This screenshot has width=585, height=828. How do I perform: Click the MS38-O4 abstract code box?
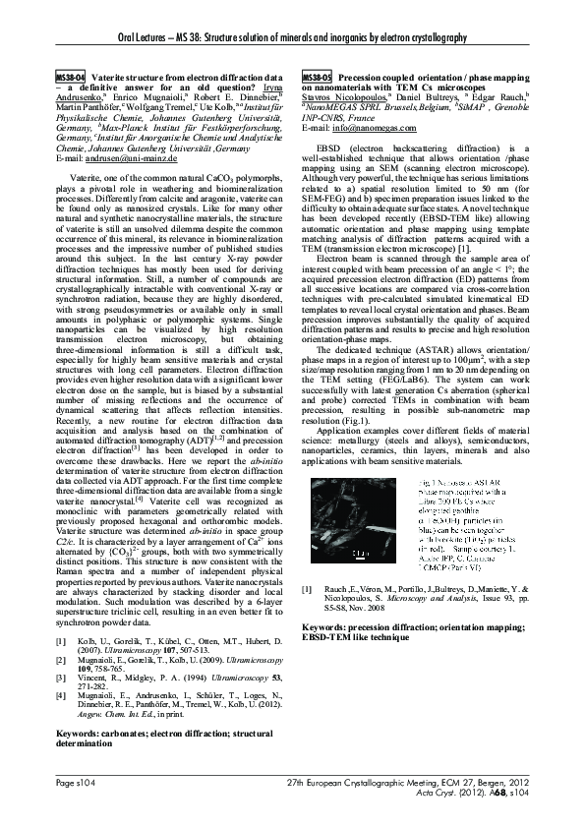[x=71, y=76]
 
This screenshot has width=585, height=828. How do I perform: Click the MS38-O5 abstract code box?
[x=317, y=76]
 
